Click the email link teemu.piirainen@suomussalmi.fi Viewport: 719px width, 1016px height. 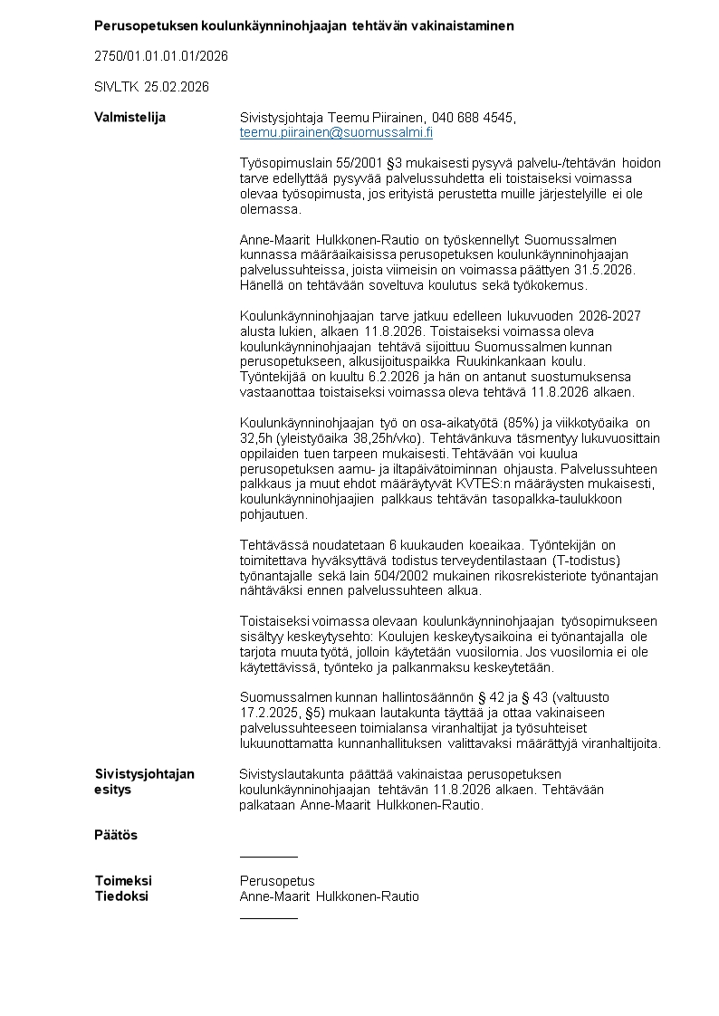pyautogui.click(x=336, y=132)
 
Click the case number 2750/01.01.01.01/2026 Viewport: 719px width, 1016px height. pyautogui.click(x=161, y=56)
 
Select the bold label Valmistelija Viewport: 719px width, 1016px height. pyautogui.click(x=130, y=118)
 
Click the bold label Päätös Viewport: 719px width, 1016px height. pyautogui.click(x=116, y=835)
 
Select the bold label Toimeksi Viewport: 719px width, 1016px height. pyautogui.click(x=123, y=881)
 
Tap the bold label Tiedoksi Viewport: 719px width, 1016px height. pyautogui.click(x=121, y=896)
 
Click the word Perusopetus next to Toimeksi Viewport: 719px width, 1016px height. pyautogui.click(x=277, y=881)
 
